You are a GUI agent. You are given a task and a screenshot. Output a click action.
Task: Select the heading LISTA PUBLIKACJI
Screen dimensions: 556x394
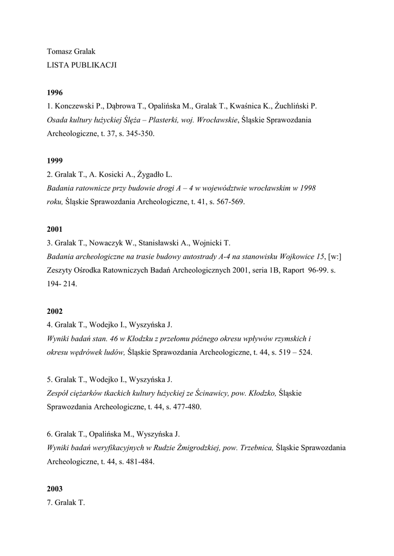coord(82,65)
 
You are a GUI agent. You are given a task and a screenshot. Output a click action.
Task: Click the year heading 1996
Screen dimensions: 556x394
coord(55,92)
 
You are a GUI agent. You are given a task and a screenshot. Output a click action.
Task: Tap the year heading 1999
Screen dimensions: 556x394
coord(55,161)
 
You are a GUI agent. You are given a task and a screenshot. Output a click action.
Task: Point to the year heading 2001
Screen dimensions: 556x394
coord(55,229)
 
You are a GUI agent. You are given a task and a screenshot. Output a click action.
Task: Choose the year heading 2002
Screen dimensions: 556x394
coord(55,311)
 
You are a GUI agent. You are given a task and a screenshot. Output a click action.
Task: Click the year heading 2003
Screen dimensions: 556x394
coord(55,489)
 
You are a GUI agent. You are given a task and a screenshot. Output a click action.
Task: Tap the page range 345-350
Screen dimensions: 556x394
coord(141,133)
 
